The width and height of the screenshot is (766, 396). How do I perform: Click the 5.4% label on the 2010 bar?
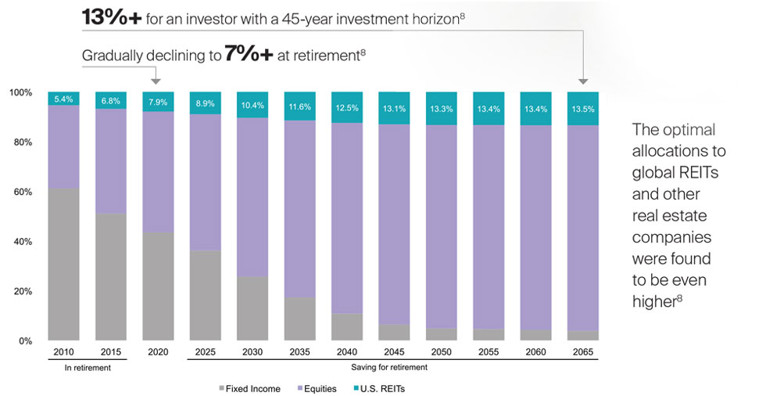pos(63,99)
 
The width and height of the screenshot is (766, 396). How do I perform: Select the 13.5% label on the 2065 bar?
pos(583,109)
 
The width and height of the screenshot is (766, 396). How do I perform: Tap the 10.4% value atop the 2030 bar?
pos(252,105)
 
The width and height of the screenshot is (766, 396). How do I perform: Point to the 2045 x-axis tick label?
pos(394,353)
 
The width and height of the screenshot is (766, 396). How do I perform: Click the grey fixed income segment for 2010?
pos(63,264)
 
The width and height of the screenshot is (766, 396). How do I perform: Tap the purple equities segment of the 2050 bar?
pos(442,226)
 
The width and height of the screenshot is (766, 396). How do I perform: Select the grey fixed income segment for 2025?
pos(205,295)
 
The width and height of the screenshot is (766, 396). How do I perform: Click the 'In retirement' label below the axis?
pos(87,367)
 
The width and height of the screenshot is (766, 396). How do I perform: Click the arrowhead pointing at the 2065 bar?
pos(583,80)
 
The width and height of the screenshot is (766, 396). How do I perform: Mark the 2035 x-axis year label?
pos(299,353)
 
